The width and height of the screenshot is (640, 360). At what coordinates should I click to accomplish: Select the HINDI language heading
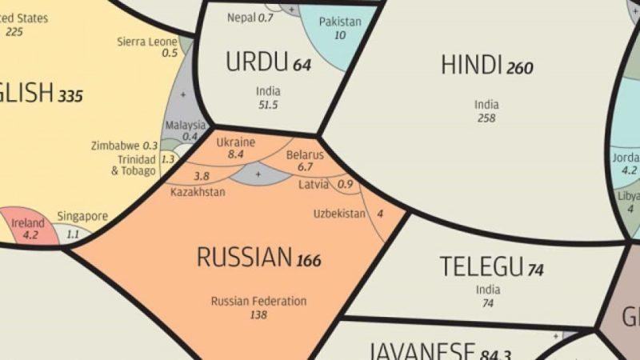(x=471, y=66)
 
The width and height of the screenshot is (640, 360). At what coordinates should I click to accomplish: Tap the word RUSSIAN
(x=244, y=258)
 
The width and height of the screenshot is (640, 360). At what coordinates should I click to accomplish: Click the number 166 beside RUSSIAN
(x=309, y=261)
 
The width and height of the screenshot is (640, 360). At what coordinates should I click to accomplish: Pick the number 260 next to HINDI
(x=519, y=69)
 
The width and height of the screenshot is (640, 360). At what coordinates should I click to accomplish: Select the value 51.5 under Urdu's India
(x=268, y=105)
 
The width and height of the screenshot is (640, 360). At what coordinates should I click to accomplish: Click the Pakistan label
(x=340, y=22)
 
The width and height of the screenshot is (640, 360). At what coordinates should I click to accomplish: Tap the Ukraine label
(x=236, y=142)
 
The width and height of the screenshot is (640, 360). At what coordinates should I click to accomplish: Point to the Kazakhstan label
(x=198, y=192)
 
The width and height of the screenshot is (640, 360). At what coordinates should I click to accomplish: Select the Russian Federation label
(x=258, y=302)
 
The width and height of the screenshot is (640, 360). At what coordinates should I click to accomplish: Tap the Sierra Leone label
(x=147, y=41)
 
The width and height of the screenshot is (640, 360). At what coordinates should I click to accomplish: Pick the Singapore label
(x=82, y=216)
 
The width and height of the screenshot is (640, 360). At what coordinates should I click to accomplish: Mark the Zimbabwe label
(x=116, y=146)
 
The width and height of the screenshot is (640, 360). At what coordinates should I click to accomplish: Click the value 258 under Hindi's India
(x=486, y=118)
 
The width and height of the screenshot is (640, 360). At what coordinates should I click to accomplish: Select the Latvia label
(x=314, y=184)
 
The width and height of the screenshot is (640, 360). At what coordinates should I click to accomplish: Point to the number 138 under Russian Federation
(x=258, y=315)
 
